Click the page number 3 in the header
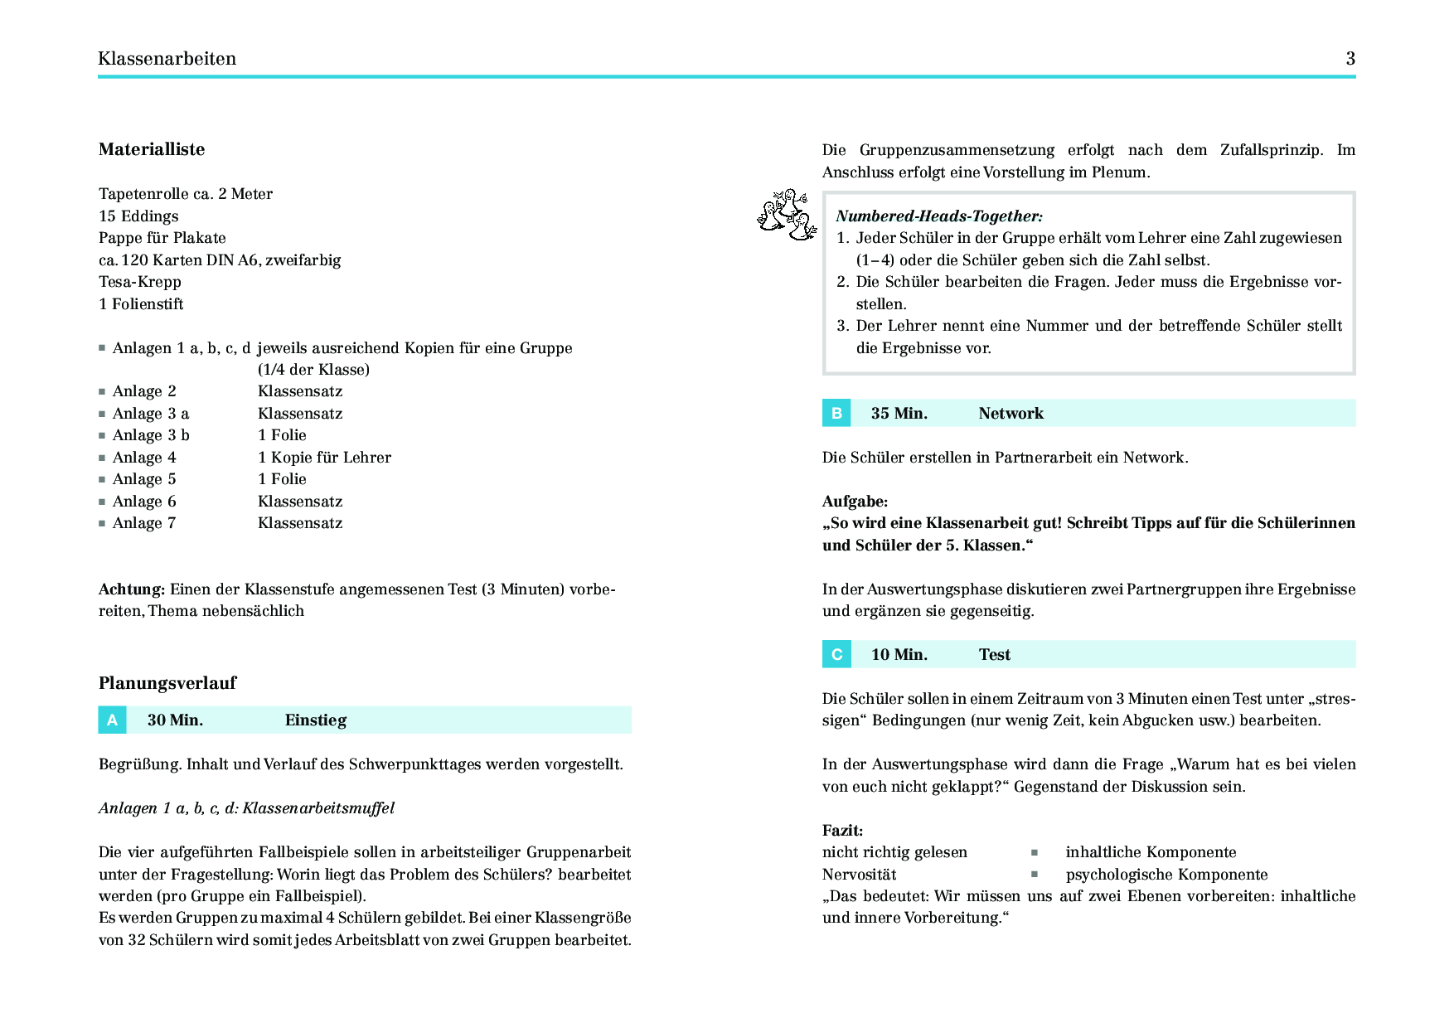[x=1350, y=58]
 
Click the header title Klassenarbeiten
[x=167, y=58]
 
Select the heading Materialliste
[x=152, y=149]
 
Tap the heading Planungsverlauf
[x=167, y=683]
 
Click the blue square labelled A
[x=112, y=720]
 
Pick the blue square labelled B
[x=836, y=414]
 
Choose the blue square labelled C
[x=836, y=655]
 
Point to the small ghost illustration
[x=787, y=215]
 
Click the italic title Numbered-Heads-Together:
[x=939, y=216]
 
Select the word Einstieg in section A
[x=315, y=720]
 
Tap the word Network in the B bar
[x=1011, y=414]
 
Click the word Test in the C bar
[x=994, y=655]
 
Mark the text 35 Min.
[x=899, y=414]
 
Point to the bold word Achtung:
[x=132, y=589]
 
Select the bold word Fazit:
[x=842, y=831]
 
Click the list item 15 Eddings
[x=138, y=216]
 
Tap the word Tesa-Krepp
[x=139, y=282]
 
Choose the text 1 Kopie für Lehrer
[x=324, y=458]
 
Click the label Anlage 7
[x=144, y=523]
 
